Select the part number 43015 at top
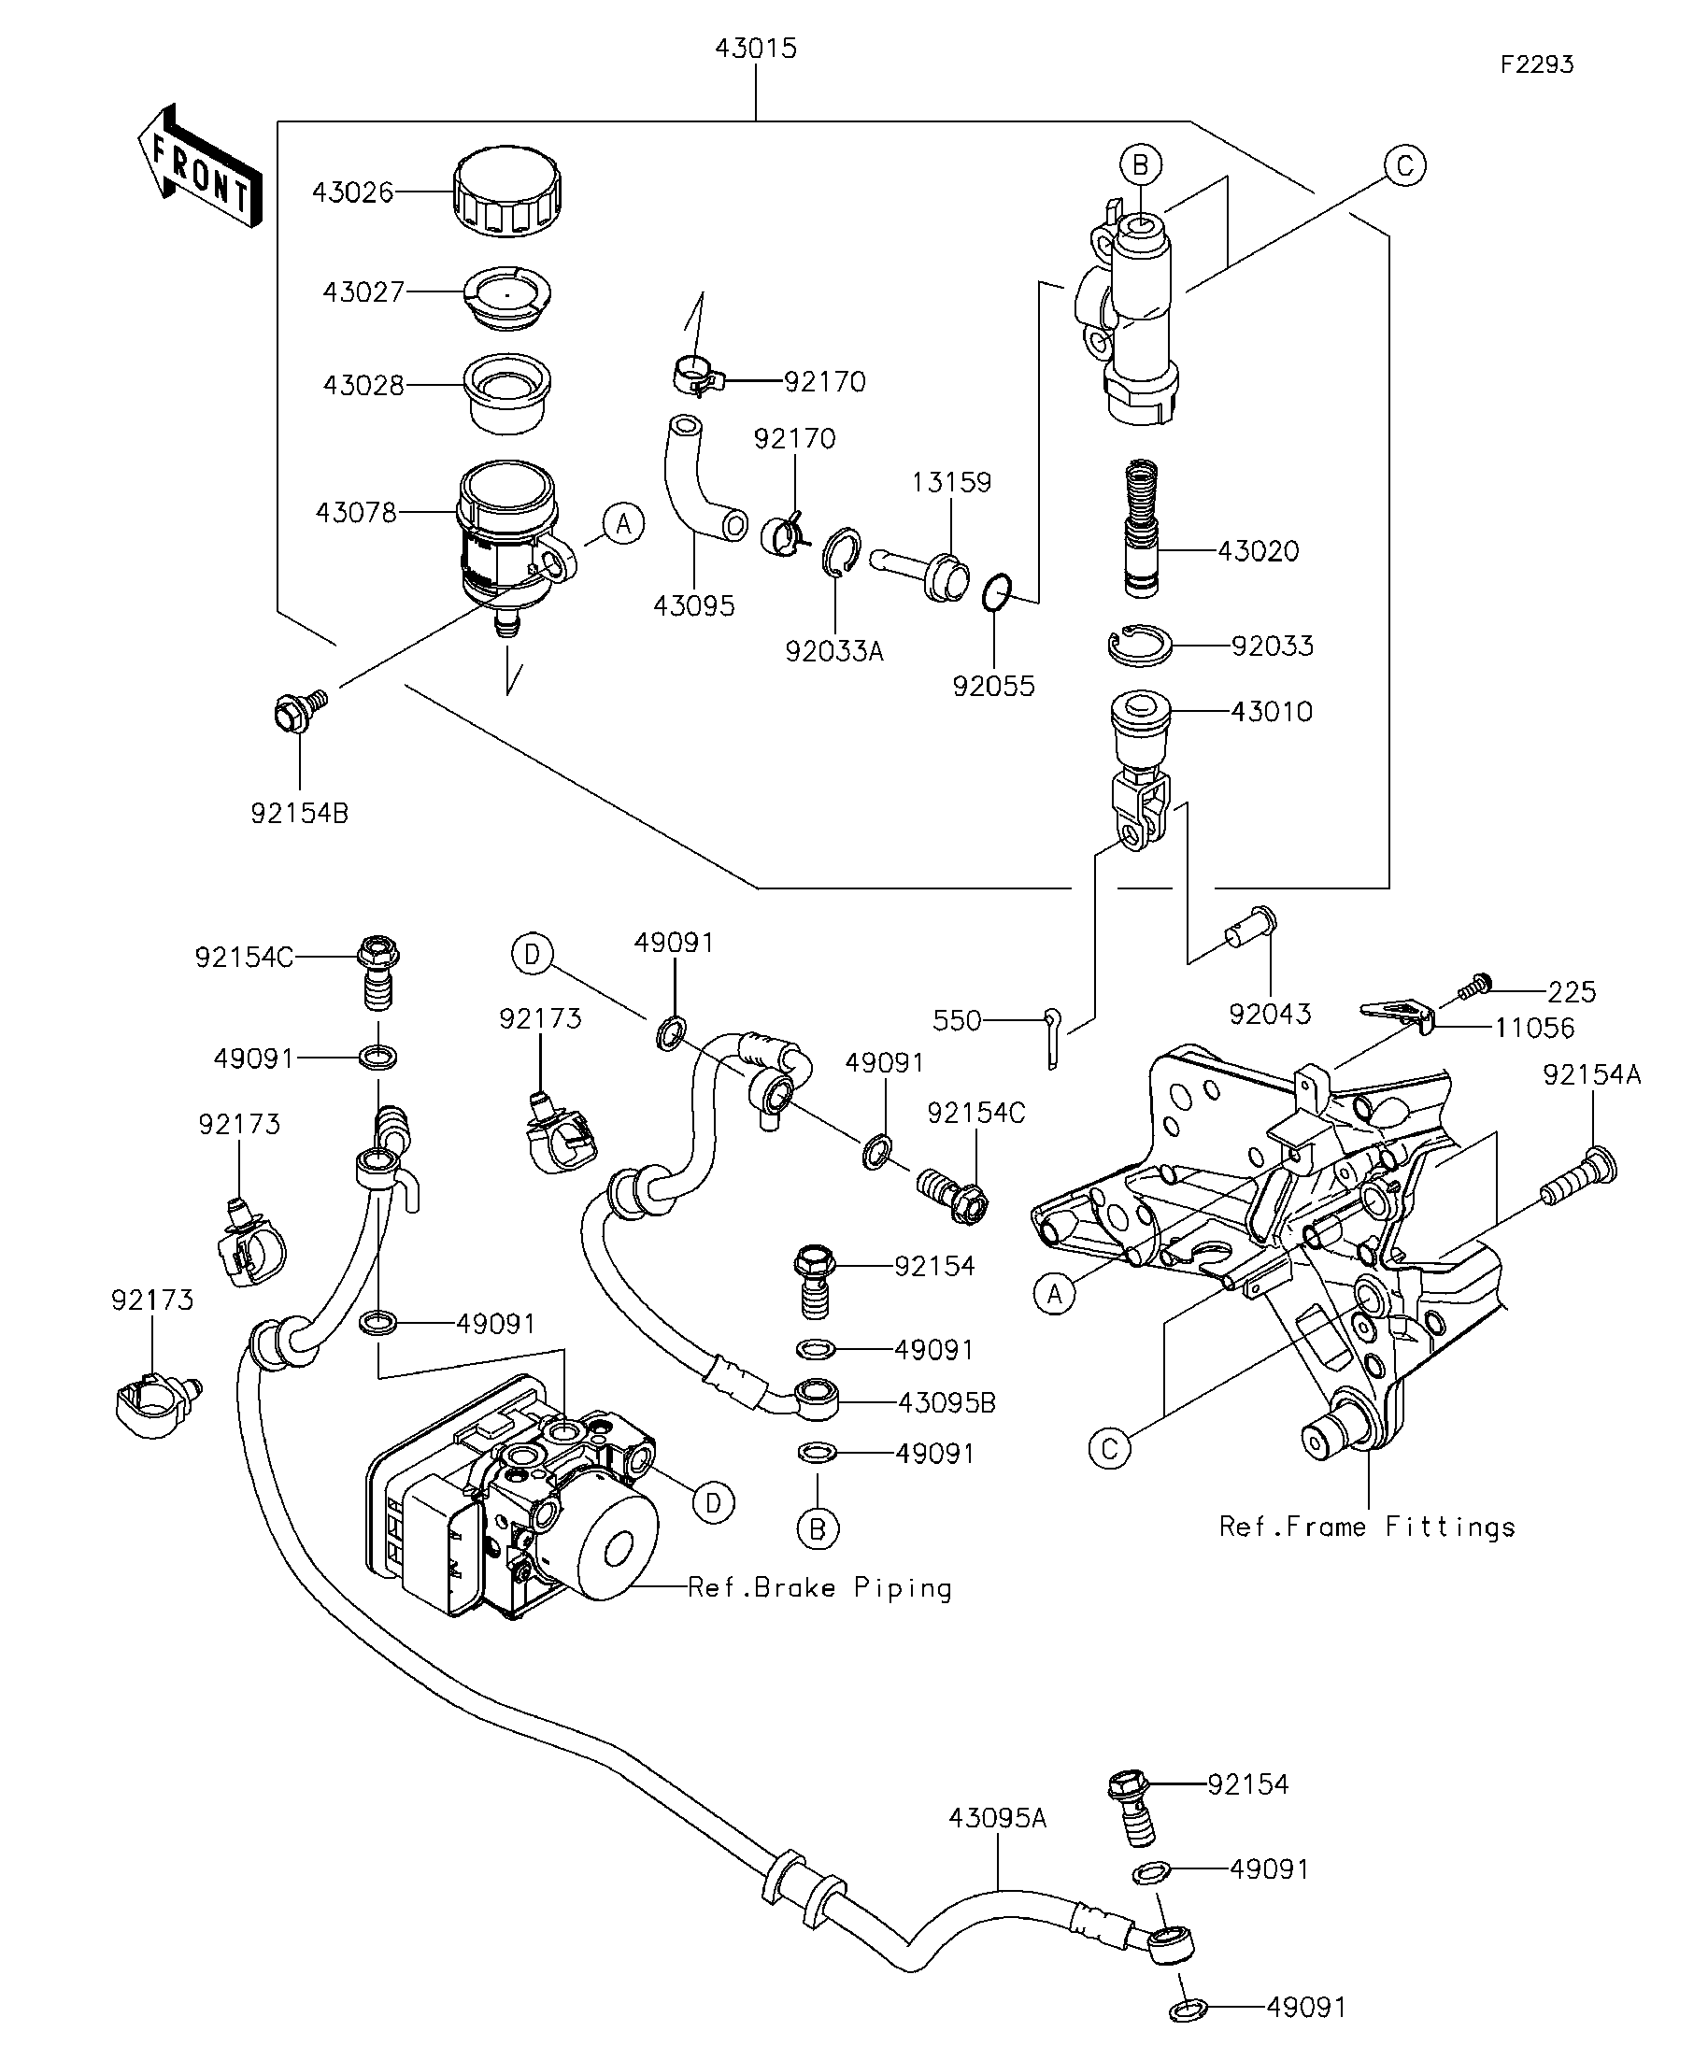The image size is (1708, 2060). click(x=755, y=48)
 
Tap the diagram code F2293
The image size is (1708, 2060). click(x=1536, y=64)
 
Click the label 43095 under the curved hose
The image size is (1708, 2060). click(x=693, y=606)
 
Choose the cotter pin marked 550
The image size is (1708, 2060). click(x=1052, y=1038)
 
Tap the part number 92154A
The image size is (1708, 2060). click(x=1591, y=1075)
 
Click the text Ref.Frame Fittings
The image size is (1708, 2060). click(x=1367, y=1527)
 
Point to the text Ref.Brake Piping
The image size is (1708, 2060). click(x=819, y=1588)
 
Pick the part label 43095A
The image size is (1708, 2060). click(x=998, y=1819)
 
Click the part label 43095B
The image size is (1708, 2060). click(x=947, y=1403)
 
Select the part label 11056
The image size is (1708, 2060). click(x=1534, y=1028)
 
